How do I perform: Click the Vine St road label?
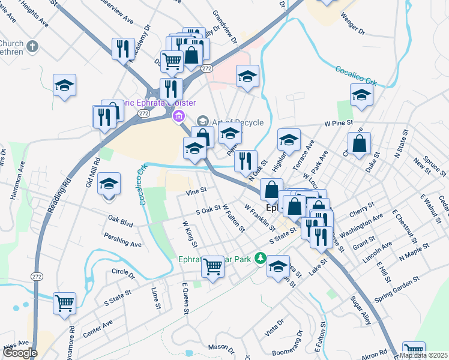196,192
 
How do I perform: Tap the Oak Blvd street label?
120,221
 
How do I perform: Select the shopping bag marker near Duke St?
359,144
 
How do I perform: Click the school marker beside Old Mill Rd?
109,184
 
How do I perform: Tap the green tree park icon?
260,259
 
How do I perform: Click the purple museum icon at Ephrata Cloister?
178,116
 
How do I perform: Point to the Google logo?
19,353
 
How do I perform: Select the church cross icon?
32,46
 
